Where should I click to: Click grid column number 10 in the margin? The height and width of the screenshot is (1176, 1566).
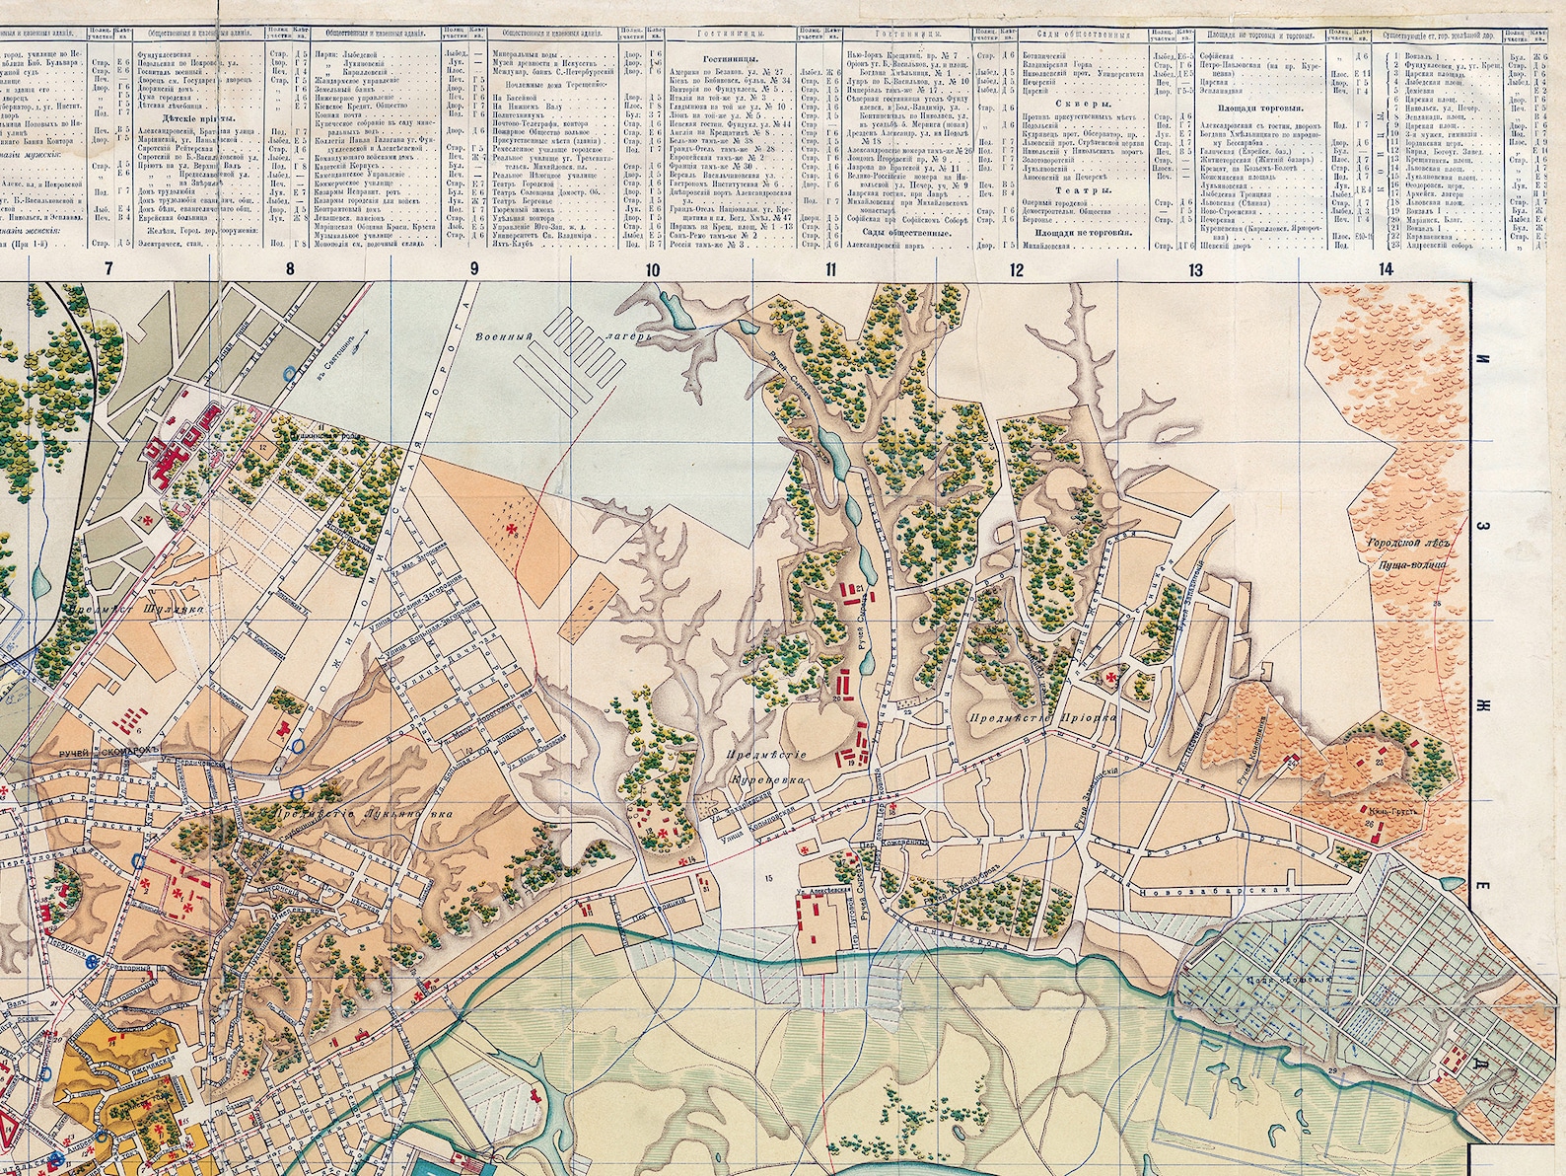(x=651, y=269)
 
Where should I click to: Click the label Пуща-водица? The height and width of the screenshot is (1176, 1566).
(x=1411, y=565)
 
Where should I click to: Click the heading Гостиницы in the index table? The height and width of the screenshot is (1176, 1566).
(x=715, y=59)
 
